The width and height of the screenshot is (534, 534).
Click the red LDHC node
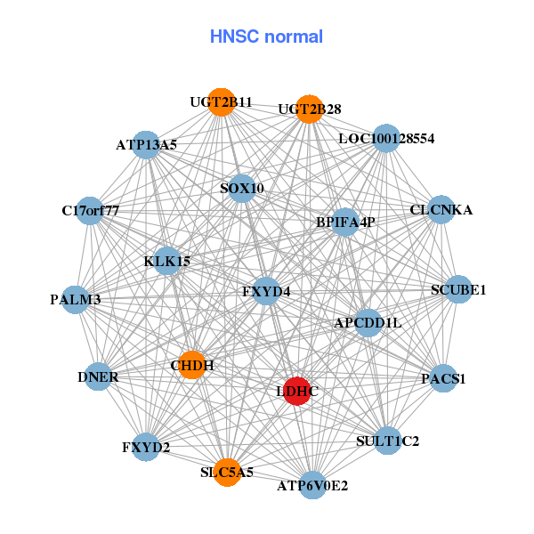[297, 391]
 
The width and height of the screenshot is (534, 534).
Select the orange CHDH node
[192, 364]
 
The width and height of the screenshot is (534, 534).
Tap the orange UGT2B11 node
[222, 102]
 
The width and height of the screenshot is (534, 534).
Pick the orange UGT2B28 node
[309, 109]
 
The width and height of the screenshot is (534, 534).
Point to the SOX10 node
[241, 189]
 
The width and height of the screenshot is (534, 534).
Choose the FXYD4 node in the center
[266, 291]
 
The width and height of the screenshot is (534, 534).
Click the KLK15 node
[167, 262]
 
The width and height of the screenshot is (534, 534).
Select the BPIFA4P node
[344, 222]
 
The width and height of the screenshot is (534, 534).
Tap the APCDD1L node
[368, 321]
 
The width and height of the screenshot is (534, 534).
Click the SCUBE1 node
[457, 289]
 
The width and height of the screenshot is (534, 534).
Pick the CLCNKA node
[441, 210]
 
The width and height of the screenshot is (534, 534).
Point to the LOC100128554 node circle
[385, 139]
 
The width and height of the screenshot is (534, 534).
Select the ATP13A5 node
[146, 144]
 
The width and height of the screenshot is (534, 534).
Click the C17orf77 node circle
[90, 211]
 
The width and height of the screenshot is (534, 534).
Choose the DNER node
[97, 377]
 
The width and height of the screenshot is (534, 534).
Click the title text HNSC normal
[266, 36]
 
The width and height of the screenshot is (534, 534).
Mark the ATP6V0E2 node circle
[311, 485]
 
